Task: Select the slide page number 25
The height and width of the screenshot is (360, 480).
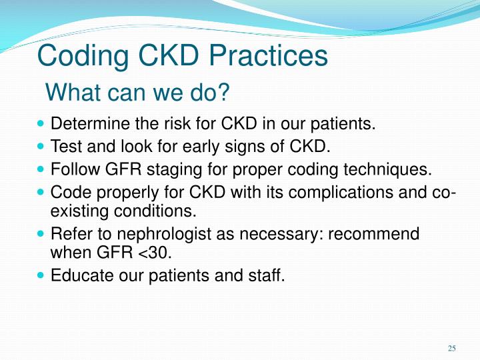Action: [451, 348]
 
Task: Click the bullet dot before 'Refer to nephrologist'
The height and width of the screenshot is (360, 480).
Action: [42, 234]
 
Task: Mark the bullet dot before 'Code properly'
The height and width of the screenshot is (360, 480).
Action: [42, 192]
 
